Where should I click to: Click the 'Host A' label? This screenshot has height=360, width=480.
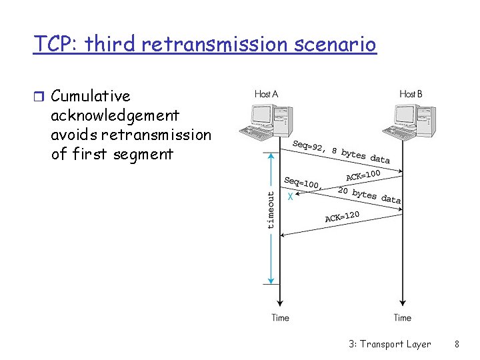[x=266, y=94]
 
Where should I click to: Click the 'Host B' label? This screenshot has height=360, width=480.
[x=410, y=94]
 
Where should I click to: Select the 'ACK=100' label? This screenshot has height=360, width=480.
[x=363, y=175]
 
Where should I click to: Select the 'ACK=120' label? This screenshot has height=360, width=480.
[x=342, y=216]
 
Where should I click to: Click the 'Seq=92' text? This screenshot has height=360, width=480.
[x=308, y=146]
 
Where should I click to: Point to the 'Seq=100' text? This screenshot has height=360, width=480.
[x=301, y=182]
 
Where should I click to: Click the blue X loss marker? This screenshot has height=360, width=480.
[x=290, y=197]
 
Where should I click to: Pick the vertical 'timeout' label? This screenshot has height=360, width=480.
[x=270, y=210]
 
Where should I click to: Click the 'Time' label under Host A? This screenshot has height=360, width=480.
[x=280, y=317]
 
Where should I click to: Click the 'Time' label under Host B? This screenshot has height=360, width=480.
[x=402, y=317]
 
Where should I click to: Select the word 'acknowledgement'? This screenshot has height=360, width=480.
[x=115, y=115]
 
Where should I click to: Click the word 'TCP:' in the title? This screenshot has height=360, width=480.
[x=56, y=44]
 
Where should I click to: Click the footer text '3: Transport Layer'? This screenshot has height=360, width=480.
[x=389, y=344]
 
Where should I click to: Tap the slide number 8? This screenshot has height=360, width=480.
[x=457, y=344]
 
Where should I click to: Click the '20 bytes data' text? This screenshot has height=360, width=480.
[x=369, y=195]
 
